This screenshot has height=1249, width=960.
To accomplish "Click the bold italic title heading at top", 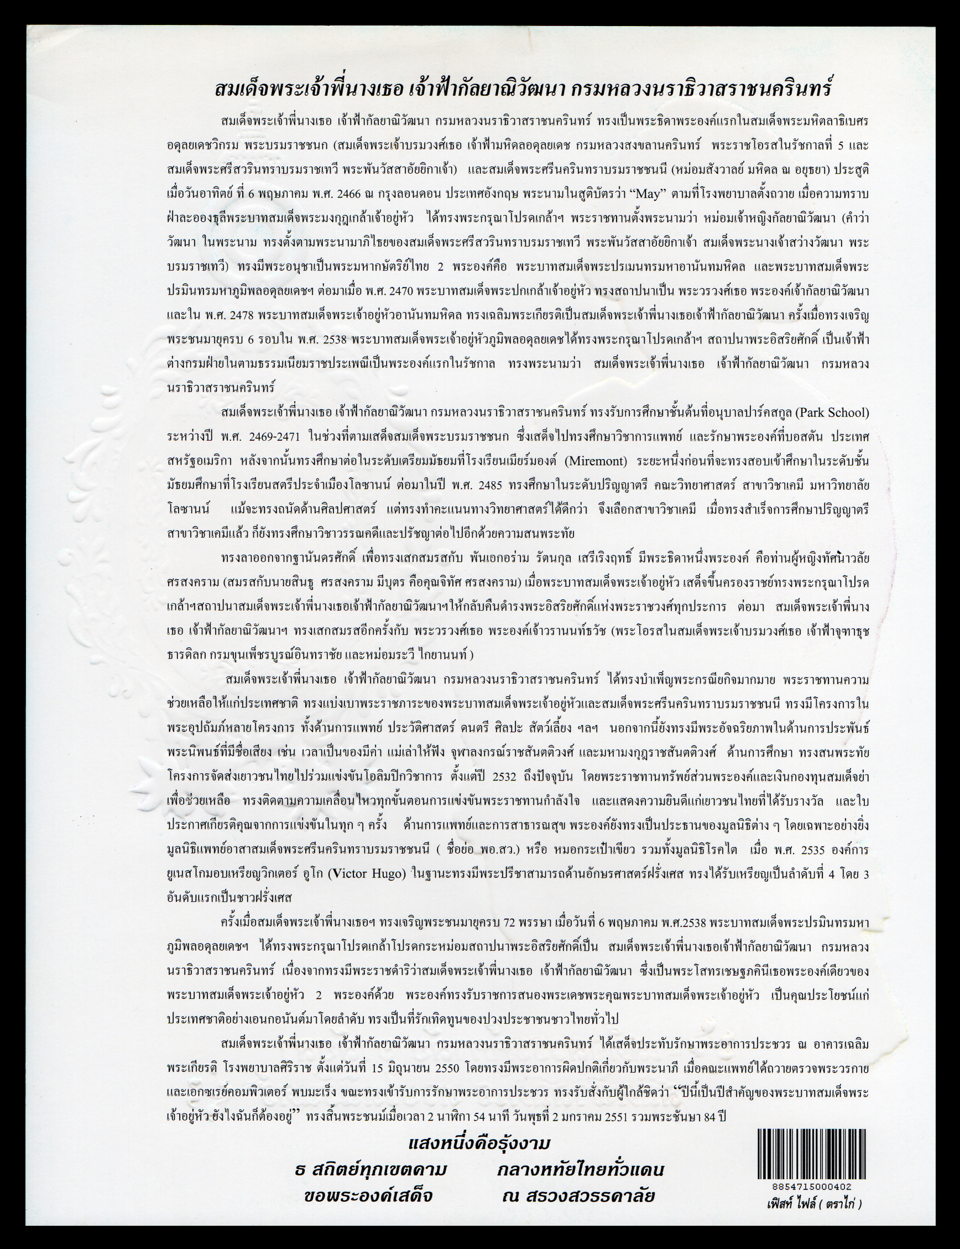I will point(525,90).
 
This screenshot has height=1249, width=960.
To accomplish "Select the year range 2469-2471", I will point(293,437).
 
